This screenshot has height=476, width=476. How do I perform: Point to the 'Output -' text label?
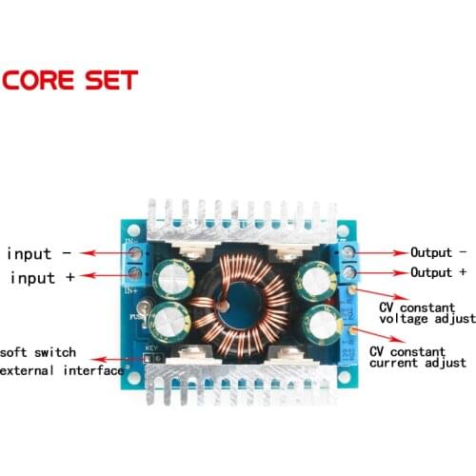pos(438,252)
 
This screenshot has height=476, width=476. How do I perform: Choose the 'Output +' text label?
pos(438,272)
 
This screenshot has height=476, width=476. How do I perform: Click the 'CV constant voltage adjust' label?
pos(426,314)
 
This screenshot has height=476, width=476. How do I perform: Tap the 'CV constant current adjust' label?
pos(418,356)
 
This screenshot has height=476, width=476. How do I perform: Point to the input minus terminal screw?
pos(136,255)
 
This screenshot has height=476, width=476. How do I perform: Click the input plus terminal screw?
pos(136,275)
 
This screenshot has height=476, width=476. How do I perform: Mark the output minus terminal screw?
pos(348,254)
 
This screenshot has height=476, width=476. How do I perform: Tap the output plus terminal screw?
pos(349,273)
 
